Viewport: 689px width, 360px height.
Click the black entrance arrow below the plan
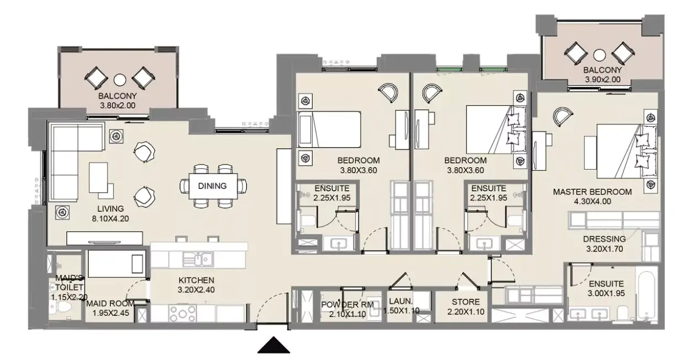274,345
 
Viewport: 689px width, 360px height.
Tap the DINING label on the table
212,186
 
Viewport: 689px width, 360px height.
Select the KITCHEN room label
196,281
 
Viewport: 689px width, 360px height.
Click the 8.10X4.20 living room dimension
110,219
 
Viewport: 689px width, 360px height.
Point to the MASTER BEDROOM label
592,192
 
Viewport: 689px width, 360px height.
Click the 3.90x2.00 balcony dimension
602,79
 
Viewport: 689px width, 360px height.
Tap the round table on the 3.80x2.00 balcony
120,80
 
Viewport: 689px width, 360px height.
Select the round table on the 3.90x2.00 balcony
600,55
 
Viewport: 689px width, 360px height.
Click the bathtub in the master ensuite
648,295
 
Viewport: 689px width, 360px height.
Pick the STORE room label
466,302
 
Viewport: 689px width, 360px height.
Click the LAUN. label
400,301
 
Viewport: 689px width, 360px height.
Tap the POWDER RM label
348,305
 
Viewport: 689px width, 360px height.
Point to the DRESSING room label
605,239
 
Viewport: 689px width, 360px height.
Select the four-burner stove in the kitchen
182,313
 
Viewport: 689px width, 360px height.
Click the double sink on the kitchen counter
199,260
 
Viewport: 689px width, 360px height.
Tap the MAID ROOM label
110,304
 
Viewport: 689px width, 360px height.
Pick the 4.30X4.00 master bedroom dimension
592,202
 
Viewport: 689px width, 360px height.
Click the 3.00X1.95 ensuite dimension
606,294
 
